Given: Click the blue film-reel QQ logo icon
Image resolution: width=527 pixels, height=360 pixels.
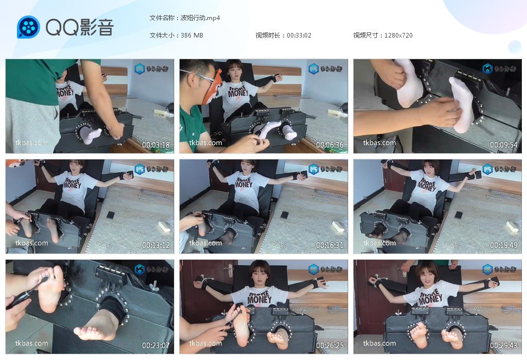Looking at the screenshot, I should coord(28,27).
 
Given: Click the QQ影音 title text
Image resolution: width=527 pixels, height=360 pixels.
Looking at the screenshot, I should coord(79,27).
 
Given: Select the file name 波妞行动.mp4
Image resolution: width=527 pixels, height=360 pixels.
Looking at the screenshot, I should coord(200,17).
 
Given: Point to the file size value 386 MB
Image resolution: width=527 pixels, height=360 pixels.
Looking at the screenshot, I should coord(192,35).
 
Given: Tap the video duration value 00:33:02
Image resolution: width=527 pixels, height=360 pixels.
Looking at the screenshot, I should coord(299,35).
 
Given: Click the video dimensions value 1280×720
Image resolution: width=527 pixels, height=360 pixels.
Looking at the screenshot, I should coord(398,35).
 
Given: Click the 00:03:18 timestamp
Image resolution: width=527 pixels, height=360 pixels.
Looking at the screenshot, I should coord(156,145).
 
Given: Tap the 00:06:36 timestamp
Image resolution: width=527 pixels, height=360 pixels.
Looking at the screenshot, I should coord(330,145).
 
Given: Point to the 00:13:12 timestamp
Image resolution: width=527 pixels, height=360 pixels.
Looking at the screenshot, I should coord(156,245).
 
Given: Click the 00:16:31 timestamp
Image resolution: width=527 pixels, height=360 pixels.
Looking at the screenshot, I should coord(330,245).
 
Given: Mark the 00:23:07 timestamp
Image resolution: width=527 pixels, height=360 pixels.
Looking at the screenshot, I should coord(156,346).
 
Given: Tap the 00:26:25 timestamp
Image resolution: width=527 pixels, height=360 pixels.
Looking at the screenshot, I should coord(330,346).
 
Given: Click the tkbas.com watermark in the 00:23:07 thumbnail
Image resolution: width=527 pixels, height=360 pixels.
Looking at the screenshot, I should coord(31,343).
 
